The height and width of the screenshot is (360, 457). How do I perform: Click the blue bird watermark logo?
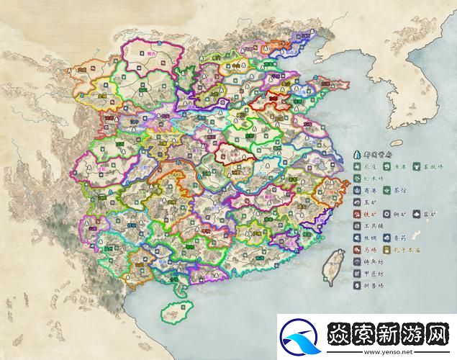300,337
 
